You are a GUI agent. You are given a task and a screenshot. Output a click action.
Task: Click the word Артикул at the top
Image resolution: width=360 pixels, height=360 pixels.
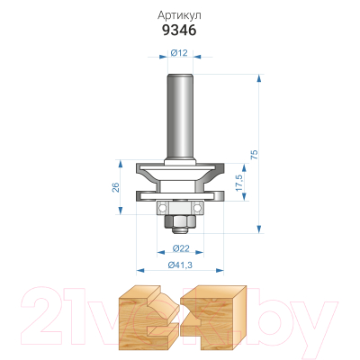pos(179,15)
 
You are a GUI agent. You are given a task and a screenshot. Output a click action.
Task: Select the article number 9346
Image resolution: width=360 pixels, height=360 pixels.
pos(179,30)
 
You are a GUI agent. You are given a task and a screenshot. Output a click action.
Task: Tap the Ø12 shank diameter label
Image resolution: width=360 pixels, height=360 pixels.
pos(179,53)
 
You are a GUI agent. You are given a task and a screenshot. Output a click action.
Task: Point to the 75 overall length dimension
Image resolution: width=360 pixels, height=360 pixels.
pos(254,154)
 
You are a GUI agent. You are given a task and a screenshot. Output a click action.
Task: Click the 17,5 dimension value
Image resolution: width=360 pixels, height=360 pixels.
pos(239,183)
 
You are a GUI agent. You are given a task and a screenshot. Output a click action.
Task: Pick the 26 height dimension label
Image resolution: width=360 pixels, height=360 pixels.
pos(116,187)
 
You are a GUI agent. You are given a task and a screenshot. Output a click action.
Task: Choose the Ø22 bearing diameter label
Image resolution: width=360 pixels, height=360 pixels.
pos(181,248)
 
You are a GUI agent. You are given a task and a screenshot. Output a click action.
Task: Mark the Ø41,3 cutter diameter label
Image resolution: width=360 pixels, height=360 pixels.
pos(180,265)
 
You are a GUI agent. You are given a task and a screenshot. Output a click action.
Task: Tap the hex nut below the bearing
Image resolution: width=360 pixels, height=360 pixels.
pos(180,222)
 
